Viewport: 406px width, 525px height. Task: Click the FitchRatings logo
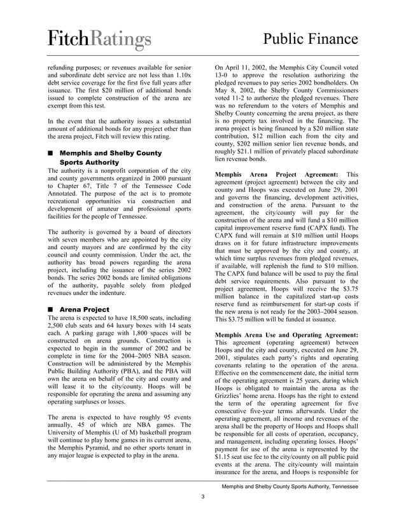[x=99, y=40]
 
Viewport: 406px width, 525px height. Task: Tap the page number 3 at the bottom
[x=202, y=496]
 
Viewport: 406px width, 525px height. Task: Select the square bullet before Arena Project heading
[x=50, y=310]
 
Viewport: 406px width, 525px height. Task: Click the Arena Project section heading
[x=83, y=310]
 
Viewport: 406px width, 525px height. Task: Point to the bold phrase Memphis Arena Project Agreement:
[x=277, y=174]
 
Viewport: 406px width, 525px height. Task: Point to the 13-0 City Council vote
[x=224, y=75]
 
